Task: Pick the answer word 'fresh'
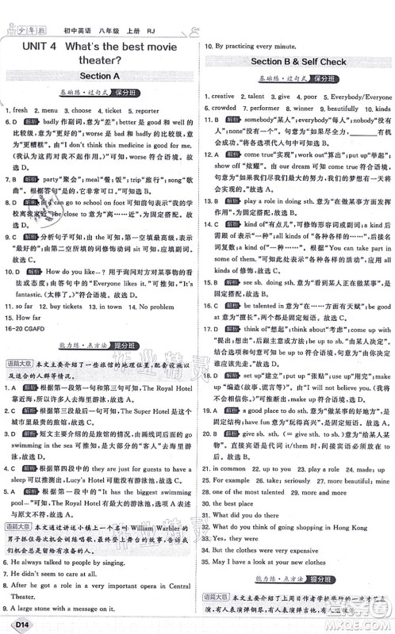tap(21, 111)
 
